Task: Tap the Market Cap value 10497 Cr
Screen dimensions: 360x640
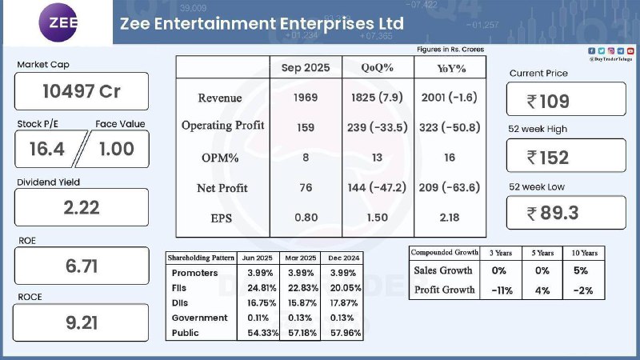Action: point(81,91)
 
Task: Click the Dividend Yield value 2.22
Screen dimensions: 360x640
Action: point(81,207)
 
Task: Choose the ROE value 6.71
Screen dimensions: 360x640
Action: point(81,266)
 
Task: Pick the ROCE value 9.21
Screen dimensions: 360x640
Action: point(81,323)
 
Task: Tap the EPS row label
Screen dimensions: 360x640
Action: point(222,217)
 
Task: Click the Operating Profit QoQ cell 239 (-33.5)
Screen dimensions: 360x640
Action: point(376,126)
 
